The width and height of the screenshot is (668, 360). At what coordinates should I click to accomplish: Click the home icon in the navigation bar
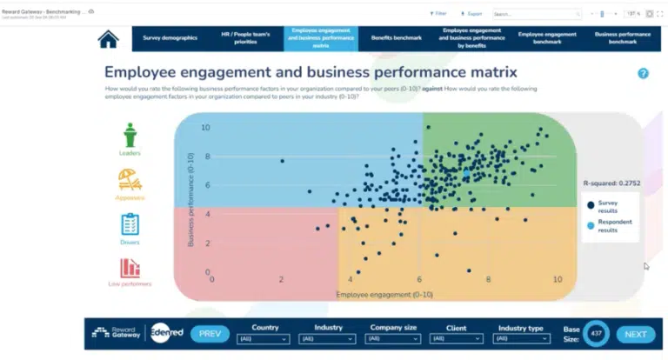109,39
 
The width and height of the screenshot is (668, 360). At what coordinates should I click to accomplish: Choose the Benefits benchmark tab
396,38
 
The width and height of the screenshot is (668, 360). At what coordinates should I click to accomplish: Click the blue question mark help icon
643,74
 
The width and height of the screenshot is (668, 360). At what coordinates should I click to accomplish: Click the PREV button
210,334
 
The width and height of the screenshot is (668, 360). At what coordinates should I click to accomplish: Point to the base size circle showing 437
597,334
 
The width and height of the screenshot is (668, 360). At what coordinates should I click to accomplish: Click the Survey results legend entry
607,205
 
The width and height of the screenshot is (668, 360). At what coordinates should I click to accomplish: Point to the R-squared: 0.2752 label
611,183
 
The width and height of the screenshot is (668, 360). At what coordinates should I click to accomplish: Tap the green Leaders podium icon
130,137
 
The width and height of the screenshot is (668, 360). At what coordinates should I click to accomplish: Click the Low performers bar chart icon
130,269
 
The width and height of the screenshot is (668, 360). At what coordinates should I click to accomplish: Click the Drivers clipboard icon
130,224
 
